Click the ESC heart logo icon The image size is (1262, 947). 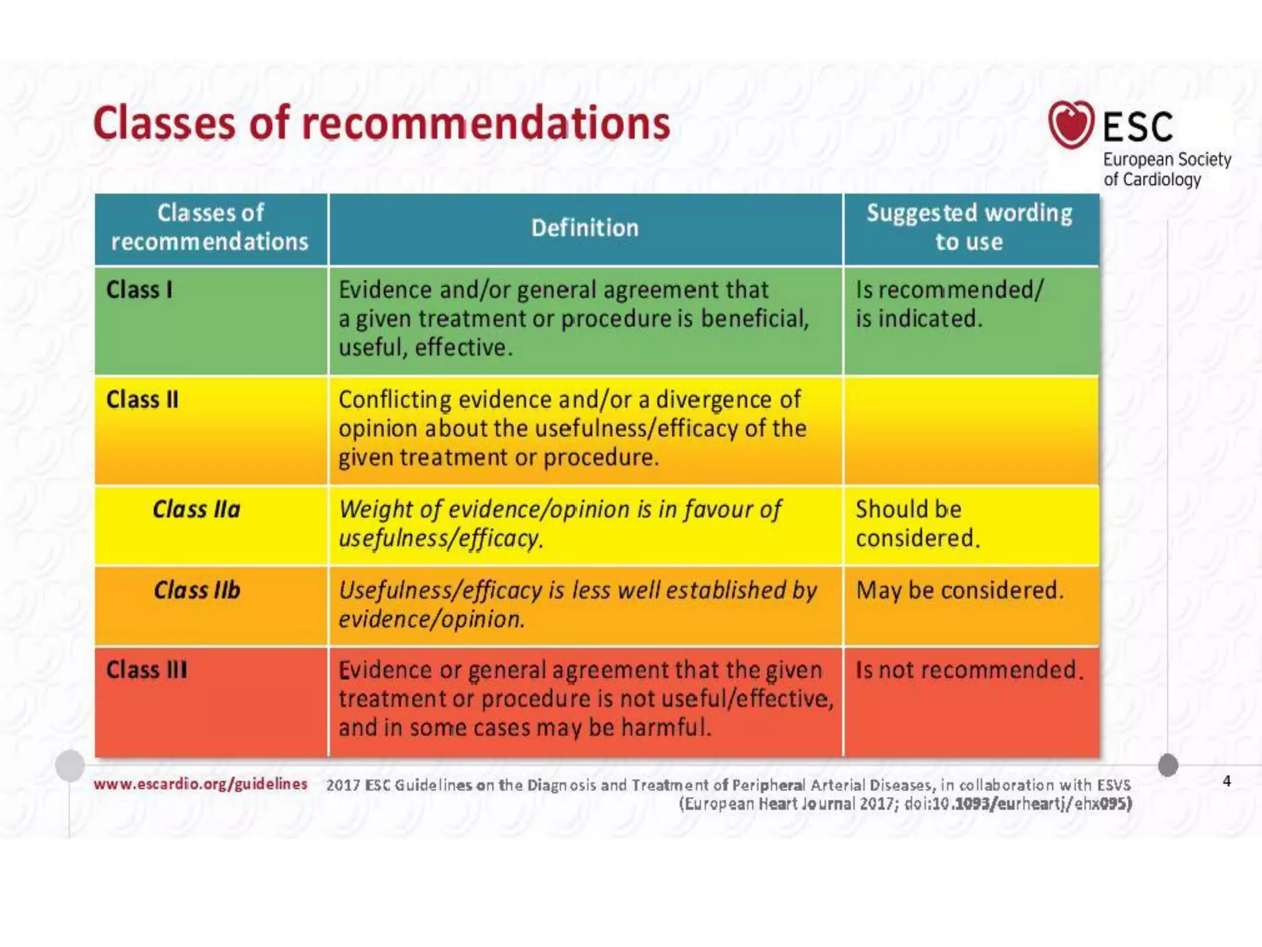coord(1071,125)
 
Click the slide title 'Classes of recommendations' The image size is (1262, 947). coord(381,123)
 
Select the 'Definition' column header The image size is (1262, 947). coord(585,228)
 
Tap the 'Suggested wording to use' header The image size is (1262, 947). coord(969,227)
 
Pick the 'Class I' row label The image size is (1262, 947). coord(139,289)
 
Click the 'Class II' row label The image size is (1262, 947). coord(142,400)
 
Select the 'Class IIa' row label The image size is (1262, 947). coord(197,509)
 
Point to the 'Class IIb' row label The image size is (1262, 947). coord(197,590)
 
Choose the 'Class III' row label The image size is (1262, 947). coord(147,670)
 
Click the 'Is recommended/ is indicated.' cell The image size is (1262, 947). coord(949,304)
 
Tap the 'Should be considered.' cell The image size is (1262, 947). coord(917,523)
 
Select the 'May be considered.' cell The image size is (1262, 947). coord(959,590)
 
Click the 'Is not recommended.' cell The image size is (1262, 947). coord(969,670)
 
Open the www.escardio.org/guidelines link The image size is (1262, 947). coord(200,784)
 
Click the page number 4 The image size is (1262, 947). coord(1227,781)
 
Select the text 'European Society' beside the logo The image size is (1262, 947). coord(1166,160)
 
